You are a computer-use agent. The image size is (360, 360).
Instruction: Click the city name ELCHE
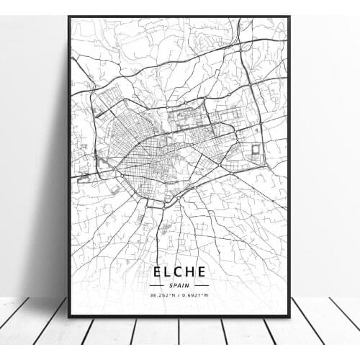[x=179, y=271]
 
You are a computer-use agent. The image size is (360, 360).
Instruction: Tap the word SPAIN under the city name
[x=179, y=284]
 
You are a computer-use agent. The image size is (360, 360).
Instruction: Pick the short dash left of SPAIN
[x=158, y=284]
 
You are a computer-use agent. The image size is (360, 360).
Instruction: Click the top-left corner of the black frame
[x=68, y=17]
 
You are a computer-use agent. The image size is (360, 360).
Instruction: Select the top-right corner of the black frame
[x=289, y=17]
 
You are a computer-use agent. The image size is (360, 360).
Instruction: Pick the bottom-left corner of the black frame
[x=68, y=316]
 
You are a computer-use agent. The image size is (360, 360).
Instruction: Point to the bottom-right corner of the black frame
[x=289, y=316]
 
